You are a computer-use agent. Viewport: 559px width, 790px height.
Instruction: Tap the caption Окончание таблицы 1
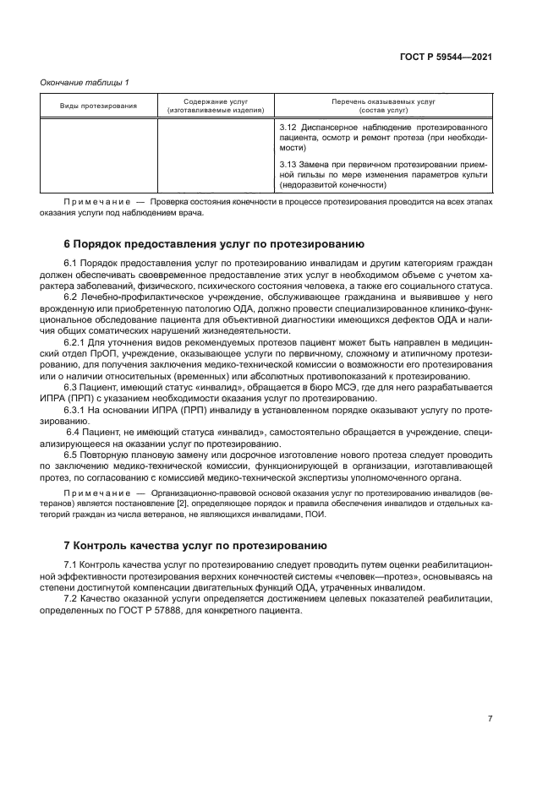coord(85,82)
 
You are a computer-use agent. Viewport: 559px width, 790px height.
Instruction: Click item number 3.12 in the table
coord(288,127)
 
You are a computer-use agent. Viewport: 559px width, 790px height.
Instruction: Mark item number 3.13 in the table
coord(288,163)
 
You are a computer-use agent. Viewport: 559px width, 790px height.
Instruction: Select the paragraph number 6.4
coord(73,432)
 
